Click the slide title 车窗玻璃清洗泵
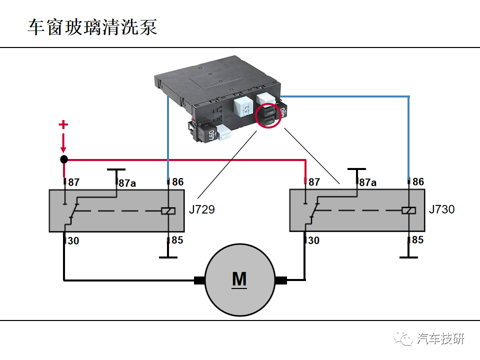tap(92, 27)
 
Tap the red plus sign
tap(63, 124)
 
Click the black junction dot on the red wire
tap(64, 159)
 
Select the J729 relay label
tap(202, 209)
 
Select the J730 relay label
tap(442, 209)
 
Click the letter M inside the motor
tap(239, 279)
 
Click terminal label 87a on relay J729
tap(127, 183)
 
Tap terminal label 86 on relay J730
tap(418, 182)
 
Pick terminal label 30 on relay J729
tap(73, 241)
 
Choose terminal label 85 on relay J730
tap(417, 240)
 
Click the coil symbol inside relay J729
tap(168, 211)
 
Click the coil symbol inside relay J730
tap(408, 211)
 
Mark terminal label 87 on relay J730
tap(313, 182)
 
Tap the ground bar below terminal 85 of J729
tap(168, 257)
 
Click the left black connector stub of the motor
tap(200, 280)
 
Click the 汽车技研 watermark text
tap(440, 339)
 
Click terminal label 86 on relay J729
tap(177, 182)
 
